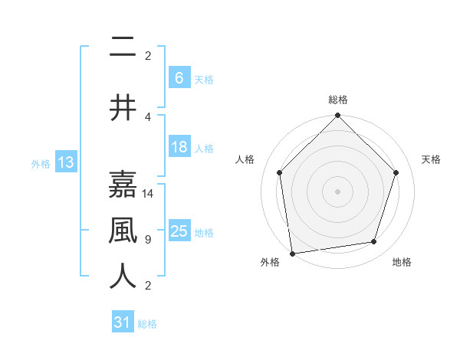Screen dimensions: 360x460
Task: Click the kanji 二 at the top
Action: click(123, 47)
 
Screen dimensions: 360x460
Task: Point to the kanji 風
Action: click(123, 230)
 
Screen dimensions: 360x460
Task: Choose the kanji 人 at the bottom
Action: click(123, 276)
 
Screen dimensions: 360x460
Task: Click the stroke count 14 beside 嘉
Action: click(149, 194)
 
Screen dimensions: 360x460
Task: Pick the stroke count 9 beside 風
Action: click(148, 240)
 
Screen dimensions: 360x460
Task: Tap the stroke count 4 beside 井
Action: click(148, 117)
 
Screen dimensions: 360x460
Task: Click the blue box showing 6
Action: click(179, 77)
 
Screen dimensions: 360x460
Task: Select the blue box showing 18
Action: click(179, 147)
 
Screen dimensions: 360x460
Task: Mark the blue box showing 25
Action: click(179, 231)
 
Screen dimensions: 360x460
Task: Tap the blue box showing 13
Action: click(64, 162)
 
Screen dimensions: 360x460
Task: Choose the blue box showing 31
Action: click(123, 322)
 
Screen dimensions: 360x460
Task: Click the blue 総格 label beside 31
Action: click(147, 324)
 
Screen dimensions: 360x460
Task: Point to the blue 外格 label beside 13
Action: click(41, 164)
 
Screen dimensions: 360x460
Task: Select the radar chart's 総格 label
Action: click(337, 100)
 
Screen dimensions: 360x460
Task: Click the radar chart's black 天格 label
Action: click(432, 159)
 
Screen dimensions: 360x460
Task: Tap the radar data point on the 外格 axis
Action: click(292, 253)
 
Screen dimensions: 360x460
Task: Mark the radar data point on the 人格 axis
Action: click(279, 172)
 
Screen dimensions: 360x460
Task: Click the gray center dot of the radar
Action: click(337, 191)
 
